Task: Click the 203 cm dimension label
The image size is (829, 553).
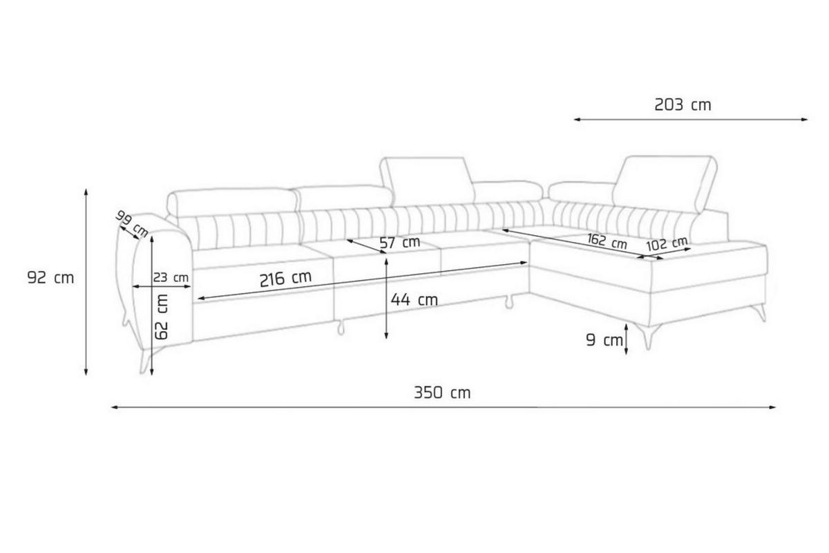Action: coord(682,105)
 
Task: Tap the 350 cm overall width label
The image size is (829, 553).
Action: coord(442,393)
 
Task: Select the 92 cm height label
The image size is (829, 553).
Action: coord(50,278)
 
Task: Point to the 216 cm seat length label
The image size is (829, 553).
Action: coord(285,279)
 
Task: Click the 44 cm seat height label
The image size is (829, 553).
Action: coord(414,299)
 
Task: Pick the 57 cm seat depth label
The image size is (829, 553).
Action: coord(399,243)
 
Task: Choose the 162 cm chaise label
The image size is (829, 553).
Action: coord(607,241)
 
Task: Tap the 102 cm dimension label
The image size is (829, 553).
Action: coord(667,243)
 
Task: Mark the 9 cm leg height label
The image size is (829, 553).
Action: coord(603,340)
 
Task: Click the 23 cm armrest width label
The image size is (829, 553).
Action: coord(171,278)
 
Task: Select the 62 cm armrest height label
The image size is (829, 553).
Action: coord(162,315)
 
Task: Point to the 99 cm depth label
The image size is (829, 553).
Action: coord(132,223)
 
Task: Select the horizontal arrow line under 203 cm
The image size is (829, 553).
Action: coord(691,120)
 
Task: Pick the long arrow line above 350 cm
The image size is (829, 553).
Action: coord(442,407)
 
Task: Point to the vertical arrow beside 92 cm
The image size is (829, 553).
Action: coord(86,281)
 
